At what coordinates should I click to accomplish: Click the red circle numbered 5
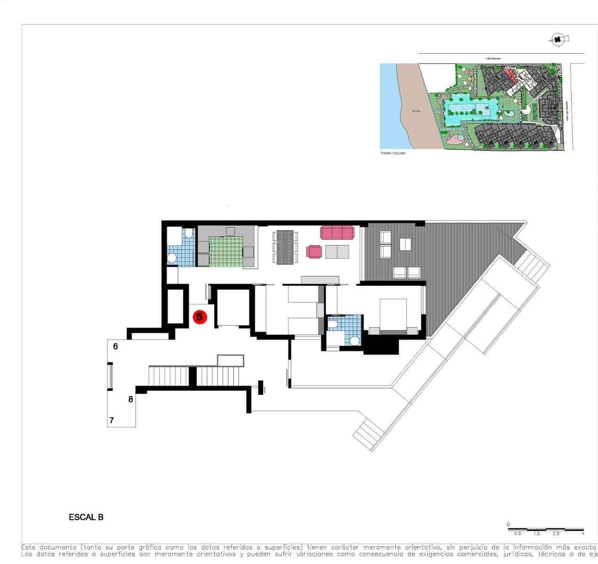(199, 317)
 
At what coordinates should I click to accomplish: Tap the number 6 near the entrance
(116, 346)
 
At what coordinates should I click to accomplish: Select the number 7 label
(112, 420)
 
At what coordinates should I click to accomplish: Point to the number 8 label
(131, 399)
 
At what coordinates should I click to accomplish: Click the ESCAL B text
(86, 517)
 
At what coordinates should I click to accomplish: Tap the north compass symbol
(558, 40)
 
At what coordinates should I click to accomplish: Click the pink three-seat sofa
(337, 232)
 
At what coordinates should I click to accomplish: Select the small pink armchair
(314, 251)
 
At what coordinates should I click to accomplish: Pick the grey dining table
(285, 247)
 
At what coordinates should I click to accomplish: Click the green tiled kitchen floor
(226, 251)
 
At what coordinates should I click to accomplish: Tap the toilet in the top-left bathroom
(188, 233)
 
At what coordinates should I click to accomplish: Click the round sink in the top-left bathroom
(173, 257)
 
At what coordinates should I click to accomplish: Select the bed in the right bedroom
(393, 315)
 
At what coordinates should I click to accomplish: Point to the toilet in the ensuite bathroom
(333, 323)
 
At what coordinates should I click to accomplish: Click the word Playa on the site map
(416, 111)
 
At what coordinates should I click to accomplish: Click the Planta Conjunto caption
(393, 153)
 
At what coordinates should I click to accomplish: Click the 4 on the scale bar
(582, 533)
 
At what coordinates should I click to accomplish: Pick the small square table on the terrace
(405, 244)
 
